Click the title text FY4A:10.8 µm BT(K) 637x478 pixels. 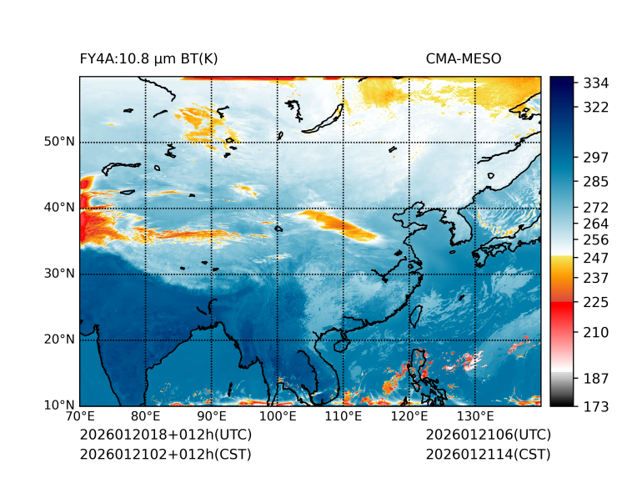pos(149,58)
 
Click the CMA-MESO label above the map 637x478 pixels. pos(464,58)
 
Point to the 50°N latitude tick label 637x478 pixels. pos(59,142)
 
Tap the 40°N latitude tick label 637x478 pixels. pos(59,208)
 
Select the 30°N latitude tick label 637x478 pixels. pos(59,274)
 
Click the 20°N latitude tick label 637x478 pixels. pos(59,340)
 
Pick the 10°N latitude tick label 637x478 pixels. pos(59,405)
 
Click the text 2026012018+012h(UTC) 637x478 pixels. pos(165,435)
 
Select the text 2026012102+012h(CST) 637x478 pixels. pos(165,455)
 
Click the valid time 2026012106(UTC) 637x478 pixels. pos(488,435)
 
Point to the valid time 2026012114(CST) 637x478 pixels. pos(488,455)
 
